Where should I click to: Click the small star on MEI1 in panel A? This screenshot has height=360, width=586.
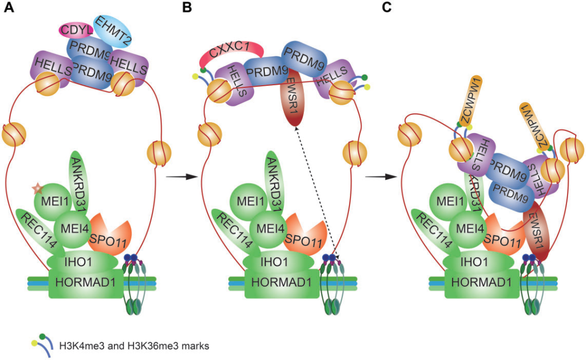point(37,188)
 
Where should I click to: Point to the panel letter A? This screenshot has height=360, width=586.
point(9,8)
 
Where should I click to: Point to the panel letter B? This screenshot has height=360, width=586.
point(187,8)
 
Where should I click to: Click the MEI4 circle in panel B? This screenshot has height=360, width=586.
point(272,227)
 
